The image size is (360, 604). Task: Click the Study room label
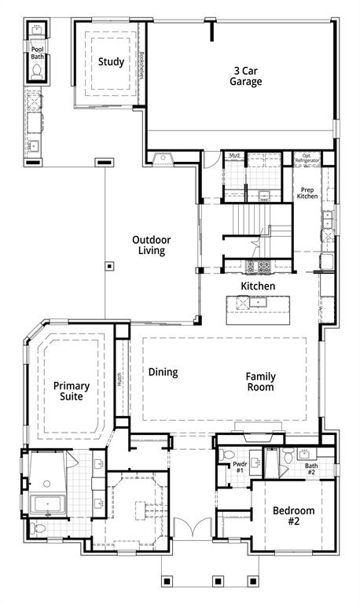coord(111,61)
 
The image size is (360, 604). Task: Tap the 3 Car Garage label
coord(245,75)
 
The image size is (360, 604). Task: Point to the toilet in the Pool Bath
coord(37,72)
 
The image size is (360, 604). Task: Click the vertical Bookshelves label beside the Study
coord(142,64)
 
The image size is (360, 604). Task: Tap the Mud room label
coord(234,156)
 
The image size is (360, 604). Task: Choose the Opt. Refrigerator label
coord(307,158)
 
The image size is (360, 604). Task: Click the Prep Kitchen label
coord(307,193)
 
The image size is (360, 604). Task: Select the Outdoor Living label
coord(149,245)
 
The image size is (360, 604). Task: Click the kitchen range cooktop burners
coord(259,266)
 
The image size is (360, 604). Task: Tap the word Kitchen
coord(257,286)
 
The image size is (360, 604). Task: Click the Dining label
coord(163,372)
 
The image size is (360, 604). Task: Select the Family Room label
coord(259,381)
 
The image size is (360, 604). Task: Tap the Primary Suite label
coord(72,391)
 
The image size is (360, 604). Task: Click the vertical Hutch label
coord(119,380)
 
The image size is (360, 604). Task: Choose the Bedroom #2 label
coord(293,516)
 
